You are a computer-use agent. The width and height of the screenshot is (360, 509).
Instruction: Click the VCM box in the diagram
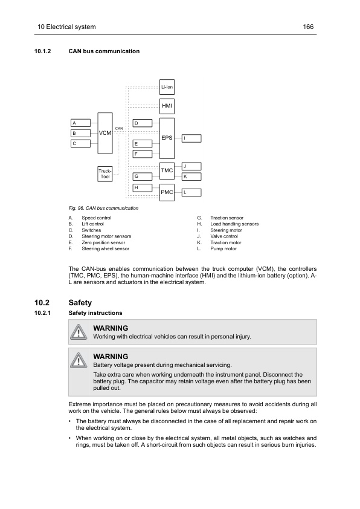click(x=105, y=133)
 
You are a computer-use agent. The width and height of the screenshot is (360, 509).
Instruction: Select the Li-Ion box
click(x=167, y=88)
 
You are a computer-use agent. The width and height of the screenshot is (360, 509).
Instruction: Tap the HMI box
click(x=167, y=106)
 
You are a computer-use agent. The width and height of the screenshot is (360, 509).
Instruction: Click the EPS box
click(x=167, y=138)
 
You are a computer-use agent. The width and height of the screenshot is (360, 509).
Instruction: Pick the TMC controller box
click(x=167, y=171)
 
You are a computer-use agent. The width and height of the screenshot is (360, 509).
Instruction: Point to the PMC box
click(x=167, y=192)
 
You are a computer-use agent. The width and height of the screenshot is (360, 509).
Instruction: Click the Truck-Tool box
click(x=105, y=174)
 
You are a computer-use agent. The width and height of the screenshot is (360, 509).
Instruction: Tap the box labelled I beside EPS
click(x=191, y=138)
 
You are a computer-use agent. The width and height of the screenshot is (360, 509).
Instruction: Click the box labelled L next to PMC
click(x=191, y=192)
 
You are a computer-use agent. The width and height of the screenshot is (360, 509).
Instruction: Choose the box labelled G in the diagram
click(x=142, y=176)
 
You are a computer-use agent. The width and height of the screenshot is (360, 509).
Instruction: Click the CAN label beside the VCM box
click(x=119, y=128)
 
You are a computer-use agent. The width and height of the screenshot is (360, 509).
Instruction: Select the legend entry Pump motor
click(x=223, y=248)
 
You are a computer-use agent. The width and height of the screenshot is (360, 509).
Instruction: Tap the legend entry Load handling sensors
click(x=234, y=224)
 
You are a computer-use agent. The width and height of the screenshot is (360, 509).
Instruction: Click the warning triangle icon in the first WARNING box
click(x=79, y=332)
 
